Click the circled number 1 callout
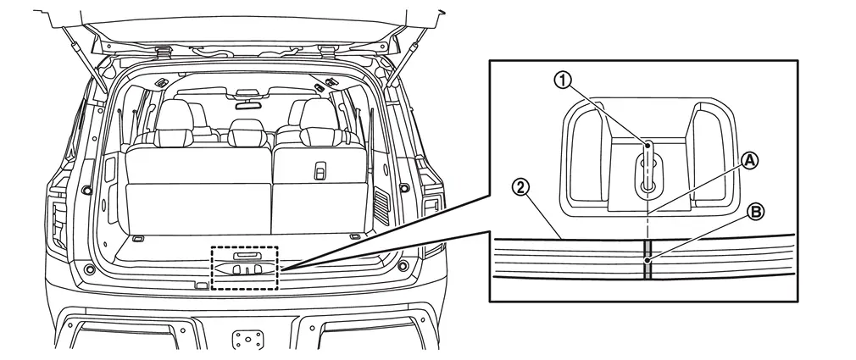pos(563,80)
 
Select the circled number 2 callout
pos(520,188)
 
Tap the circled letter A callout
pos(750,160)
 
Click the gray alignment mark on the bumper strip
pos(648,260)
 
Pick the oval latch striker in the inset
pos(648,175)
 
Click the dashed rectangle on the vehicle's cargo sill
pos(245,268)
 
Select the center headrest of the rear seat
pos(247,132)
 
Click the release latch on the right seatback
pos(320,171)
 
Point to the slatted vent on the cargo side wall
pos(381,206)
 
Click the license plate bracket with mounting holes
pos(247,339)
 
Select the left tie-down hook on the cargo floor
pos(138,238)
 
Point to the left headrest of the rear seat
pos(174,123)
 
